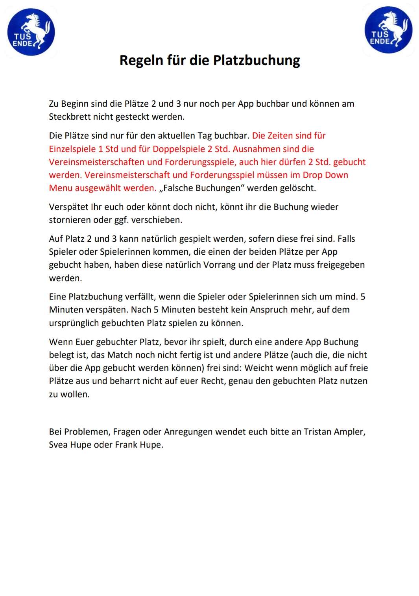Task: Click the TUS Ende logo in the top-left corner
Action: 31,32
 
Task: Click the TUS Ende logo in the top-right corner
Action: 388,30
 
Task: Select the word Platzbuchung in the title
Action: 257,60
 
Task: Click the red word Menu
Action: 61,188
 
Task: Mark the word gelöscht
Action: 298,188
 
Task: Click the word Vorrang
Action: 219,265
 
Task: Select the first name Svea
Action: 58,445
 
